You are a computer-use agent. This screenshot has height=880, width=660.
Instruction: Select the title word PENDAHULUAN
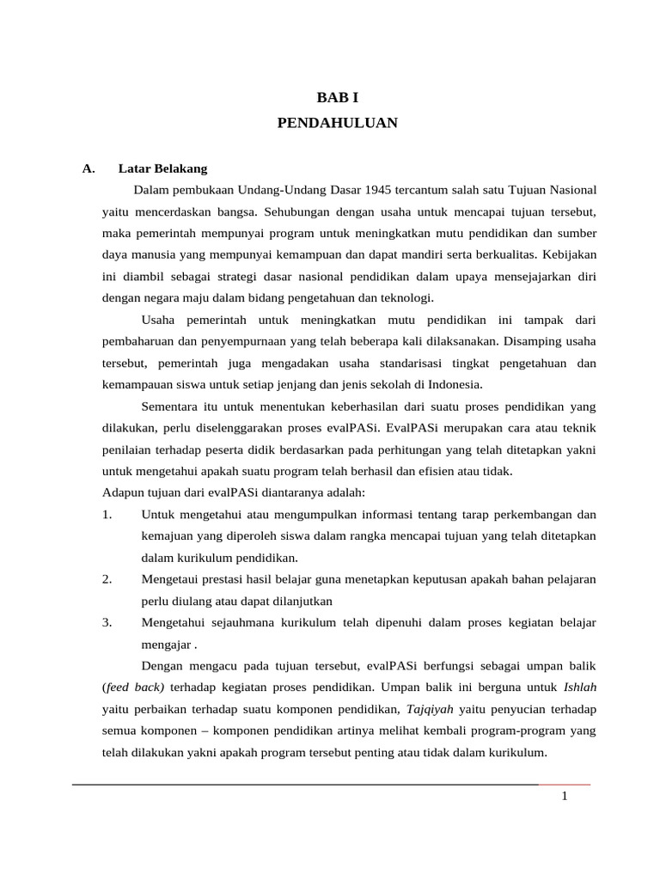(x=338, y=123)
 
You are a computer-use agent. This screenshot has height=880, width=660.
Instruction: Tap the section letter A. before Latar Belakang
(x=89, y=168)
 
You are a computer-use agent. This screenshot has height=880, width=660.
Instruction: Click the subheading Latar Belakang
(x=162, y=168)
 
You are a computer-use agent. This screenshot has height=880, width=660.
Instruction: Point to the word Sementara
(x=168, y=406)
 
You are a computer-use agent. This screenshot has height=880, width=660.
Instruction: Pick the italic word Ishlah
(x=580, y=687)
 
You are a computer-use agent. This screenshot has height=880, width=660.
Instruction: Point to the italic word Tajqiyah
(x=431, y=709)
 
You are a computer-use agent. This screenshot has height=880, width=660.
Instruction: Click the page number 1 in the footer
(x=565, y=797)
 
